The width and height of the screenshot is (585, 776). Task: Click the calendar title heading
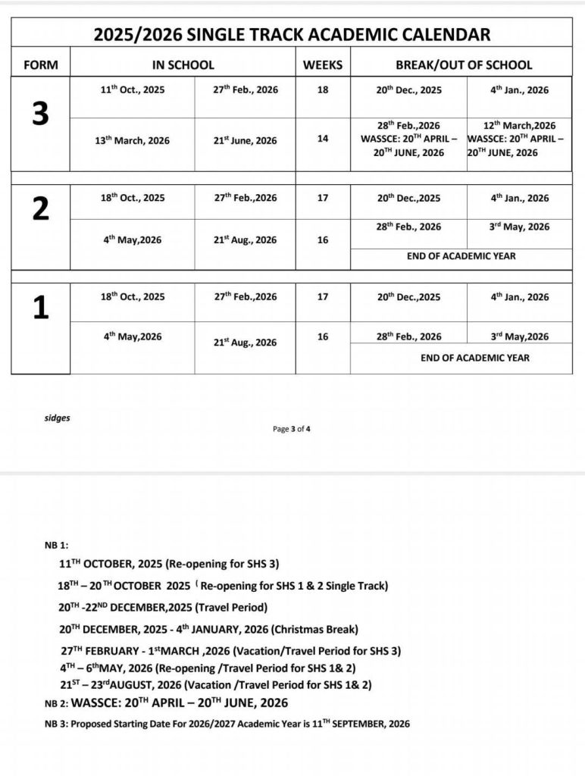[x=292, y=34]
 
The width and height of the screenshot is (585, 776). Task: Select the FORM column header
[x=41, y=65]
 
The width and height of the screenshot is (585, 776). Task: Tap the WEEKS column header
[x=323, y=65]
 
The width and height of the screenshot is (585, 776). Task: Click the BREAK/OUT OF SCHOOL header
[x=464, y=65]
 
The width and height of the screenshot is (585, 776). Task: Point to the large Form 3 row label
[x=41, y=114]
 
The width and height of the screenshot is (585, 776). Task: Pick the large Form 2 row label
[x=41, y=210]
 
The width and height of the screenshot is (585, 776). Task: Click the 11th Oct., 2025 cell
[x=133, y=90]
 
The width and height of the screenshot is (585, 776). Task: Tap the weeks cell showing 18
[x=323, y=90]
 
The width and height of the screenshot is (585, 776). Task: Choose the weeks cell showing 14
[x=323, y=139]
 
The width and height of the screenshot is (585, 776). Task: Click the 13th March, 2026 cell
[x=137, y=141]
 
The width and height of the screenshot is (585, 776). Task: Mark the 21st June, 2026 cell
[x=245, y=141]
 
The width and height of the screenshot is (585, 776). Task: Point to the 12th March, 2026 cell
[x=519, y=126]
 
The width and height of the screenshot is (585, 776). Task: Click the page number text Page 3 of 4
[x=292, y=429]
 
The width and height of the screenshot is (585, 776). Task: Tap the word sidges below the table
[x=58, y=418]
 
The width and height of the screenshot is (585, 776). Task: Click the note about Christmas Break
[x=208, y=630]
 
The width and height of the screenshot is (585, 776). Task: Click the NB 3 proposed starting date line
[x=227, y=724]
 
